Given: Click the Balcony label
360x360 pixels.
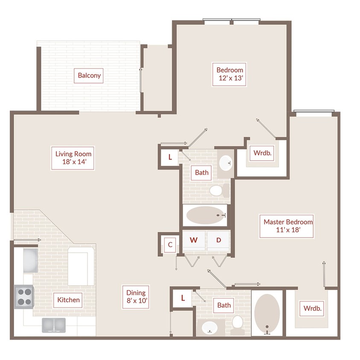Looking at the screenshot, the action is point(89,75).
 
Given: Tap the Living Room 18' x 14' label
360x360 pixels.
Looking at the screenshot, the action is point(73,158).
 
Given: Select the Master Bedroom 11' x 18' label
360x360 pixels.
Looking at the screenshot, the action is point(287,226).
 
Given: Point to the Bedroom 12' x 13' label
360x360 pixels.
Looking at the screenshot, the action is point(229,74).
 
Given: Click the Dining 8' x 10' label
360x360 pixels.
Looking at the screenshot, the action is point(136,297).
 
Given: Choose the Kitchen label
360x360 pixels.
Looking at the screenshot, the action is point(68,300).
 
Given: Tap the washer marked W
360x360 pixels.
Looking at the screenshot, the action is point(194,241).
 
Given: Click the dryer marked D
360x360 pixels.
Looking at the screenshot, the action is point(218,241).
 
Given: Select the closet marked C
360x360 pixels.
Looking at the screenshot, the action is point(170,244).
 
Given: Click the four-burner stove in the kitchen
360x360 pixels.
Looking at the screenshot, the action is point(24,297).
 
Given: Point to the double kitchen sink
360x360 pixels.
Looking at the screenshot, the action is point(54,325).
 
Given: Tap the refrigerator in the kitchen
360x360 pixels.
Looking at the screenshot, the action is point(31,260).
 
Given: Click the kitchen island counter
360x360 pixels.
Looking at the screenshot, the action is point(81,266).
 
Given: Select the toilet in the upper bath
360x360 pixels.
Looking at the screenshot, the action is point(219,190).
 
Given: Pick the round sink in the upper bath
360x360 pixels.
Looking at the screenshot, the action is point(226,163).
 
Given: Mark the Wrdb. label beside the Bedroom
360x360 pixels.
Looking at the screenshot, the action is point(262,153).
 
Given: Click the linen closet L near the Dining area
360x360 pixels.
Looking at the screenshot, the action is point(183,298).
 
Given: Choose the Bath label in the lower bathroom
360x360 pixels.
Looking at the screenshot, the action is point(224,305).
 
